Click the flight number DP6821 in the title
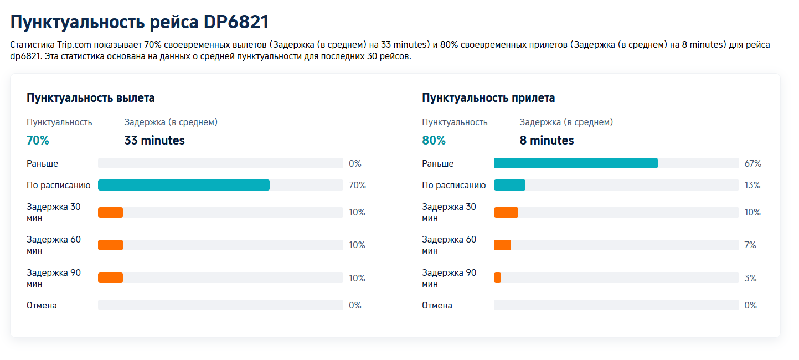(236, 22)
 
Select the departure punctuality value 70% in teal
(38, 141)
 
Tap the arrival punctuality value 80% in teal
(434, 141)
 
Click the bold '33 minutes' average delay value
(154, 141)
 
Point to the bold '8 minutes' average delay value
(547, 141)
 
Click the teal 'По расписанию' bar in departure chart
(184, 185)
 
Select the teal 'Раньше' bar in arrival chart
(575, 163)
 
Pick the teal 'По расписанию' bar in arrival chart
(509, 185)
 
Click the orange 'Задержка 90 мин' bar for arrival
(497, 278)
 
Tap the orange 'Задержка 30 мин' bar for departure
(110, 212)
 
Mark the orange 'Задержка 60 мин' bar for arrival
(502, 245)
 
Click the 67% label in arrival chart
(752, 164)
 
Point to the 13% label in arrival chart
(752, 186)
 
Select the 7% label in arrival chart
(750, 245)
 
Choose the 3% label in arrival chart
(750, 279)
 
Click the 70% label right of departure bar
(357, 186)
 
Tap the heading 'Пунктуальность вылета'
(91, 98)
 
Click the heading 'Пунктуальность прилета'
(488, 98)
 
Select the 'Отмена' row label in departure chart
(42, 305)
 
